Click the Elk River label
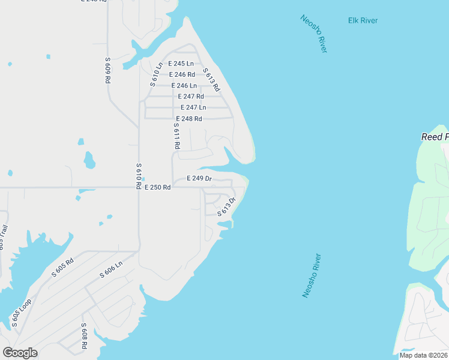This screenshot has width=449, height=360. tap(363, 20)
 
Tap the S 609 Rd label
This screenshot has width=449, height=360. tap(108, 70)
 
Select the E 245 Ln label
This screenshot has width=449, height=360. tap(181, 64)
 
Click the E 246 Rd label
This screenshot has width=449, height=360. tap(182, 74)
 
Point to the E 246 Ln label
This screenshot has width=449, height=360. tap(184, 86)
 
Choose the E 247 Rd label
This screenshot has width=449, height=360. tap(191, 96)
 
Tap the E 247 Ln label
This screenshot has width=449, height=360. tap(193, 107)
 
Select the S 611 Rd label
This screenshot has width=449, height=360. tap(176, 136)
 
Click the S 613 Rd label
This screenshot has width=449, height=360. tap(211, 80)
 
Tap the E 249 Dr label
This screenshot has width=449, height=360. tap(199, 178)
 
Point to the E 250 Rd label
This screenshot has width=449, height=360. tap(158, 187)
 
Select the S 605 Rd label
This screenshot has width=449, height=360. tap(62, 267)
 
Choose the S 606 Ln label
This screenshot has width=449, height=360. tap(111, 269)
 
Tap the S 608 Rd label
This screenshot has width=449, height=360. tap(85, 337)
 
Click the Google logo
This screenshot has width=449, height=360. tap(20, 352)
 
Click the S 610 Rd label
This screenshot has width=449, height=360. tap(139, 173)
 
